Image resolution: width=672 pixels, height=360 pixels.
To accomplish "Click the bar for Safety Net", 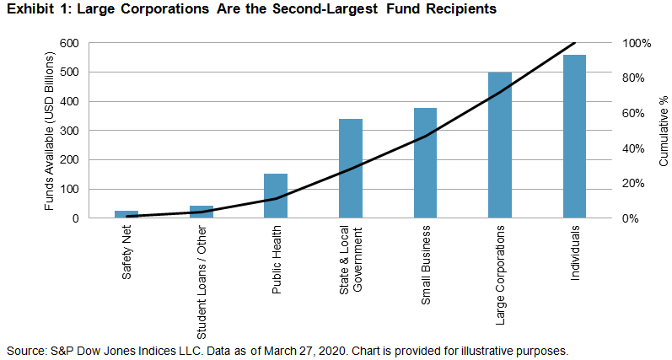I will tap(126, 214).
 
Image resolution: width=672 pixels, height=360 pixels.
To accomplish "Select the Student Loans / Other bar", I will tap(202, 212).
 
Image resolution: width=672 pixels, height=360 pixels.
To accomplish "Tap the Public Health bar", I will tap(276, 196).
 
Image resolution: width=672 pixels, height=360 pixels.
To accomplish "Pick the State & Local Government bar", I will tap(351, 169).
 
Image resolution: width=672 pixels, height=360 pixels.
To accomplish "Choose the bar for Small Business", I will tap(425, 163).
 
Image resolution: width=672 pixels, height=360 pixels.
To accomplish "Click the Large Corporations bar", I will tap(500, 145).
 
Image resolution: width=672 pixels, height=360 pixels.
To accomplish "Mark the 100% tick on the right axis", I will tap(634, 43).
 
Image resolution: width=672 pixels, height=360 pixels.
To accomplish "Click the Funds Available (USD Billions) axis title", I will tap(51, 131).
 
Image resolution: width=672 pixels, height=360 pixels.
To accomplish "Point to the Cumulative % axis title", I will tap(663, 131).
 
